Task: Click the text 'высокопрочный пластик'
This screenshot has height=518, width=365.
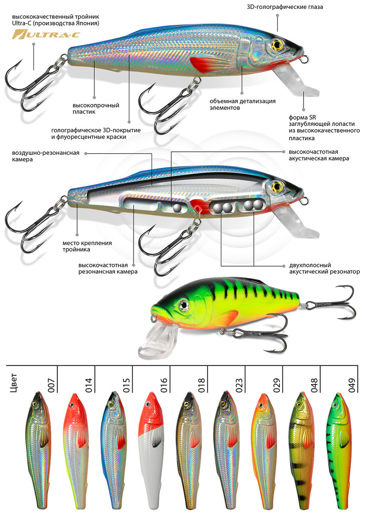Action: coord(93,109)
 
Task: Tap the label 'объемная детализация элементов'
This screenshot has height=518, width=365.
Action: coord(243,104)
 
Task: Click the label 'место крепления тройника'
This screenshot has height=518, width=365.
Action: coord(87,246)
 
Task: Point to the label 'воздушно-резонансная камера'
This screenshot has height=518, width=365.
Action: coord(45,156)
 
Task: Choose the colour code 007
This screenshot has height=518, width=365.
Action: coord(51,383)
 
